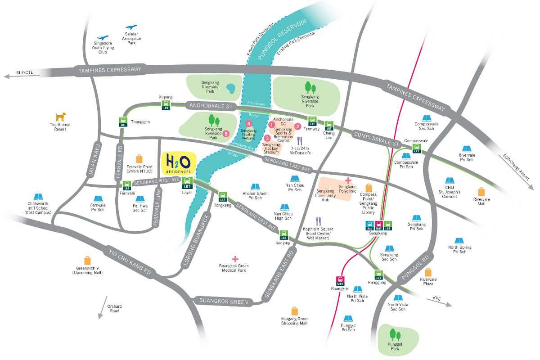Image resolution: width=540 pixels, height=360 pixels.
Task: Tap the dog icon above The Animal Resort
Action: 60,117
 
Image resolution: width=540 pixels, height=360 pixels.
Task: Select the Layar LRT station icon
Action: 187,183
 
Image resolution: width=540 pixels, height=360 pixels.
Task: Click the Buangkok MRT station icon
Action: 340,280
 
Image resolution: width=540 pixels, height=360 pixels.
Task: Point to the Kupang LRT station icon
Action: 165,105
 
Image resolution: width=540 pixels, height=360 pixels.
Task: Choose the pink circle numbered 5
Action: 226,133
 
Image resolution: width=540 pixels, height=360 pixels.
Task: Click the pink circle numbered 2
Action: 297,126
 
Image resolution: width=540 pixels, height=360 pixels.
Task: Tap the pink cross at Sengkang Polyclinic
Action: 348,180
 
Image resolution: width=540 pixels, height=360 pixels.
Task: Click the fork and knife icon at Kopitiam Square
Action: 319,221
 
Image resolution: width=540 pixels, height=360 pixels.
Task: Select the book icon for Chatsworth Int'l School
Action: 38,197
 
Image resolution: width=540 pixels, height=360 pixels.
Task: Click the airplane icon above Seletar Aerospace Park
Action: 131,27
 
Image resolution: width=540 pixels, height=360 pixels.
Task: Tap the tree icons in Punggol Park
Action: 395,334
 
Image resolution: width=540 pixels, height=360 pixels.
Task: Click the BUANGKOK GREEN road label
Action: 220,301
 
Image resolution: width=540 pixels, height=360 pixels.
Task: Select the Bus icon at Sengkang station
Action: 370,225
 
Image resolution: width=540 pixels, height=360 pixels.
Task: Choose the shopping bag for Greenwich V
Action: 87,260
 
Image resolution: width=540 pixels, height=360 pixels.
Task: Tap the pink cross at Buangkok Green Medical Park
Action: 235,259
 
